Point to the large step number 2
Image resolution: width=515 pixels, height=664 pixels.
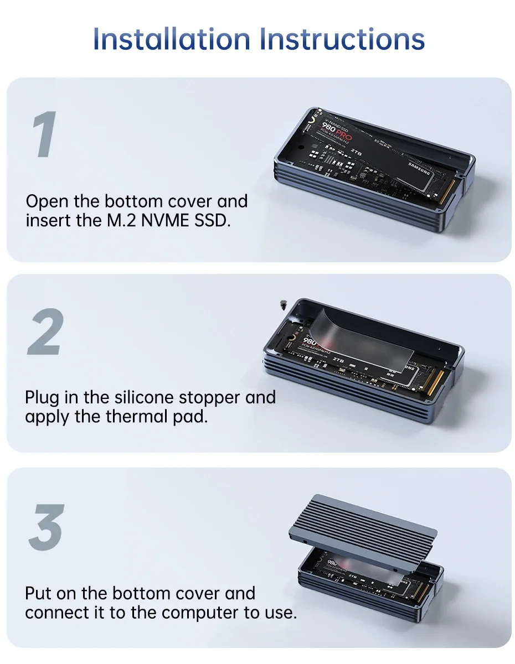click(x=44, y=332)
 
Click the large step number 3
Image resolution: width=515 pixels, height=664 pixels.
click(x=45, y=527)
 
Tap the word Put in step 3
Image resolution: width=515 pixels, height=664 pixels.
click(x=39, y=594)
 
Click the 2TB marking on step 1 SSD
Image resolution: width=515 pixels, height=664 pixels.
click(x=356, y=150)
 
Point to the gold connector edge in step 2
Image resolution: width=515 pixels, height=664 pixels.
click(x=435, y=382)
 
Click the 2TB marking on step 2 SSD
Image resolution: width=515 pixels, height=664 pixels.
click(x=338, y=359)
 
